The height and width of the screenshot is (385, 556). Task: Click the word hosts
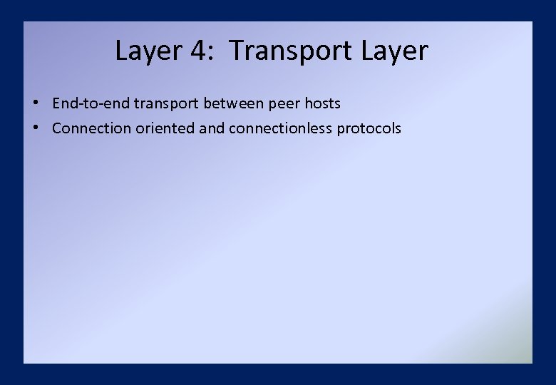(323, 103)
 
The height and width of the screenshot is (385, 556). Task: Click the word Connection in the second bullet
(92, 128)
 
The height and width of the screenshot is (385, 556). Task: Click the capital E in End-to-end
(56, 103)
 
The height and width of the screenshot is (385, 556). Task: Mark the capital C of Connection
(57, 128)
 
